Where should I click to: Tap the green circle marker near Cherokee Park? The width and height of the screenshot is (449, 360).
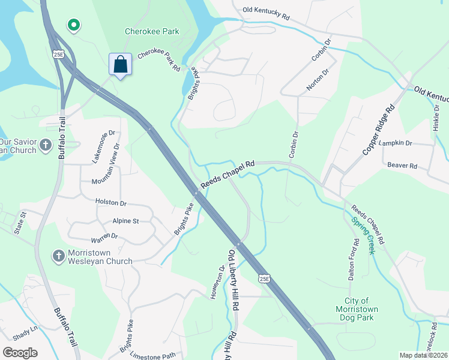click(x=74, y=25)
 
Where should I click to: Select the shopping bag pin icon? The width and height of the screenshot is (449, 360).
click(x=120, y=64)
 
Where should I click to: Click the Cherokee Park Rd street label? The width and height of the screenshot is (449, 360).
click(x=159, y=60)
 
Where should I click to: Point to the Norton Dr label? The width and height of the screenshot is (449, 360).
click(x=318, y=79)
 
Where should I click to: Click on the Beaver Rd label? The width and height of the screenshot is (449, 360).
click(x=402, y=165)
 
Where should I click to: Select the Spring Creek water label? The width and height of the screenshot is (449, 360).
click(x=363, y=235)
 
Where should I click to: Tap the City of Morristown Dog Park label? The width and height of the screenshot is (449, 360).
click(x=361, y=309)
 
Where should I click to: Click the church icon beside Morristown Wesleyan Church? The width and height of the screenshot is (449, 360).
click(x=59, y=256)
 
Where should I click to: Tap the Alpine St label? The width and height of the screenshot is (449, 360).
click(x=125, y=221)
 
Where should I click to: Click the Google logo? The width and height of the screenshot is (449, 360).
click(x=20, y=353)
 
